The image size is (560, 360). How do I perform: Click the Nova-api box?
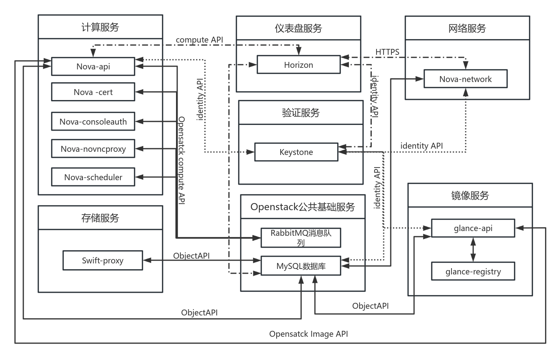pos(93,66)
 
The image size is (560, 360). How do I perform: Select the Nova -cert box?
pos(93,92)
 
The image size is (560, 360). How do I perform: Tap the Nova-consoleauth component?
pos(93,121)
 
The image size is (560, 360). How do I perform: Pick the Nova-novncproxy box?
pos(93,149)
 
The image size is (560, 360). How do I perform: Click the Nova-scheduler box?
pos(93,177)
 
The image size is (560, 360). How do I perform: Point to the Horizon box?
pos(298,65)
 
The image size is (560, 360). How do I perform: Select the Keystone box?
pos(296,152)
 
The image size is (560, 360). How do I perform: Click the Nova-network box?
pos(465,79)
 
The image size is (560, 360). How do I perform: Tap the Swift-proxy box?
pos(103,260)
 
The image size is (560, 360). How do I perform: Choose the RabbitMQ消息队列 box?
pos(301,237)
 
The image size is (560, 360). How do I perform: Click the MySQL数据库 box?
pos(301,266)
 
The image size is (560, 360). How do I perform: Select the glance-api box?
pos(473,228)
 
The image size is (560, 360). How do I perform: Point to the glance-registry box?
pos(473,271)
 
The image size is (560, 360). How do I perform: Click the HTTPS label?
pos(387,52)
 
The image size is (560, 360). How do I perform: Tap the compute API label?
pos(199,40)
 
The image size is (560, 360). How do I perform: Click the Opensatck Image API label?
pos(309,334)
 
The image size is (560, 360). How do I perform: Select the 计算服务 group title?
pos(100,27)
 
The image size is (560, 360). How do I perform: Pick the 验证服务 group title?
pos(301,113)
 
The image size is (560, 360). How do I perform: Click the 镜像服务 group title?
pos(470,195)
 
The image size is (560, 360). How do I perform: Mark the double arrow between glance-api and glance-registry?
pos(473,249)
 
